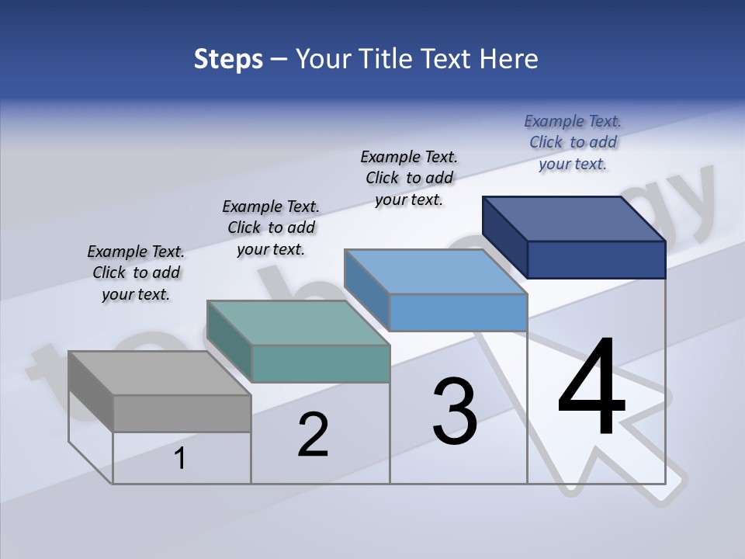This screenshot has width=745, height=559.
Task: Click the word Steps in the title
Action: coord(228,59)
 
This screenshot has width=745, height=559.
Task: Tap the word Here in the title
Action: coord(508,59)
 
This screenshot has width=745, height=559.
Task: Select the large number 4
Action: coord(591,388)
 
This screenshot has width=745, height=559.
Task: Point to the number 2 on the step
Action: coord(313,435)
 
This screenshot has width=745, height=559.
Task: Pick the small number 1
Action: coord(180,459)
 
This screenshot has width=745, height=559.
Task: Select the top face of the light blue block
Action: coord(435,271)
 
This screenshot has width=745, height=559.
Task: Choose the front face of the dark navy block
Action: coord(596,259)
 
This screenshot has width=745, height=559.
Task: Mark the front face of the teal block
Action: coord(321,363)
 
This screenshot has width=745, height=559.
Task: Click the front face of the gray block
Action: coord(182,413)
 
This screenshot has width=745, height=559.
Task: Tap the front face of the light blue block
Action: coord(458,312)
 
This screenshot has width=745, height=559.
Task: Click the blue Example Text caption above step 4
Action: coord(573,142)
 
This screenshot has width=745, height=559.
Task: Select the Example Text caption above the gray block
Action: coord(136,273)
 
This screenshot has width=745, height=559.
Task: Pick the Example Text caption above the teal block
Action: coord(271,227)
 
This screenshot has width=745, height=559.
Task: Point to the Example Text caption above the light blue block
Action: coord(409,178)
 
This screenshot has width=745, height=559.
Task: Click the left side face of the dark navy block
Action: coord(504,237)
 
